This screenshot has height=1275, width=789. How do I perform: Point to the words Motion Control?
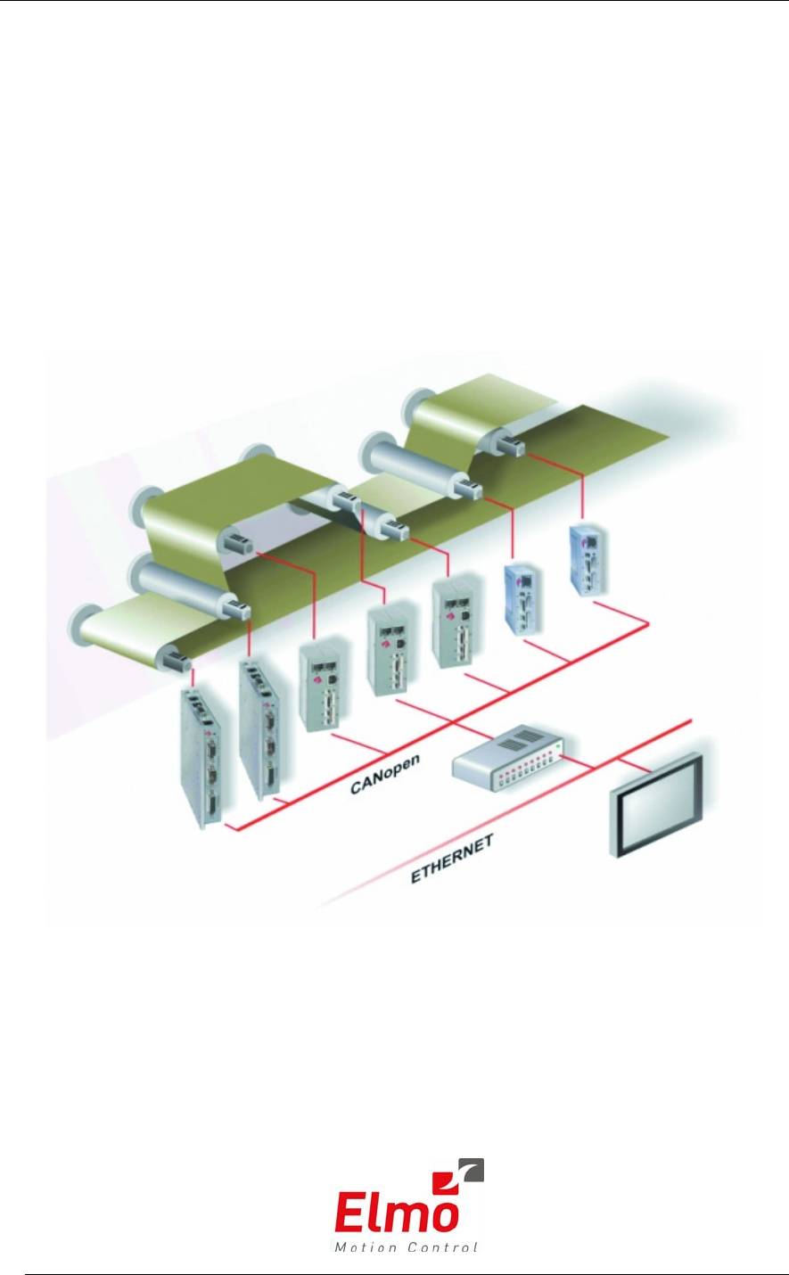click(406, 1246)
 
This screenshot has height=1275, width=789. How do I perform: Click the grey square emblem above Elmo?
click(470, 1170)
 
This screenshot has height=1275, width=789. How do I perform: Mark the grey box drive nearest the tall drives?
click(322, 687)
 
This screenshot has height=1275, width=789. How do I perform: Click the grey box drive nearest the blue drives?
click(453, 624)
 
